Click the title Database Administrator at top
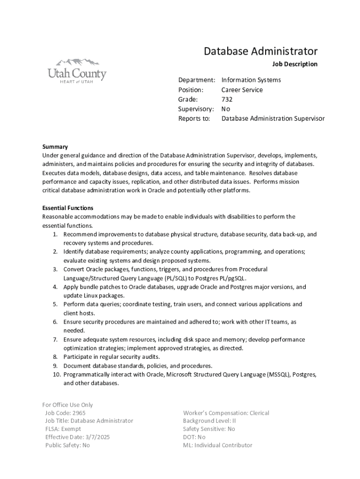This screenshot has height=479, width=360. [x=260, y=51]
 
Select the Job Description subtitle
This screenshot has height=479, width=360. [x=295, y=64]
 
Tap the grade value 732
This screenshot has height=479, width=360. [x=227, y=99]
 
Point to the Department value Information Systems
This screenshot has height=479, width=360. [x=251, y=80]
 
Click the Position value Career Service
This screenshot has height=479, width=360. [x=242, y=90]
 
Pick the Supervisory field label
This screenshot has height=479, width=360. [x=196, y=109]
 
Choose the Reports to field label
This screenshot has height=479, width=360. [x=194, y=119]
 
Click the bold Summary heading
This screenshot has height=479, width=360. [x=55, y=146]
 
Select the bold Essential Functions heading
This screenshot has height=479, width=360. [x=68, y=208]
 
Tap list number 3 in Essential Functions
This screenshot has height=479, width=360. [x=55, y=269]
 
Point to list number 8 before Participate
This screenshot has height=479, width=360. [x=55, y=357]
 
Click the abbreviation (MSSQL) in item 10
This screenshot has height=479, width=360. [x=278, y=375]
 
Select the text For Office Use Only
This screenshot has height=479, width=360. [x=68, y=405]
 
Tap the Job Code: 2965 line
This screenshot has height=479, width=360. [x=65, y=413]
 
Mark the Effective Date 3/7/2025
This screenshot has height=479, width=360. [x=78, y=437]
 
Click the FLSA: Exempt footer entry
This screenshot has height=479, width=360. [x=63, y=429]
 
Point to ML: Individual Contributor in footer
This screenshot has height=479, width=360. [x=217, y=445]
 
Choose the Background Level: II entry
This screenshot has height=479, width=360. [x=209, y=421]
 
